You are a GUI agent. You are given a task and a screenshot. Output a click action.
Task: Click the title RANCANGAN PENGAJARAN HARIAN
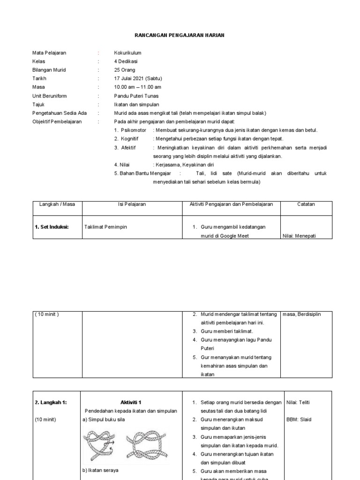pyautogui.click(x=180, y=36)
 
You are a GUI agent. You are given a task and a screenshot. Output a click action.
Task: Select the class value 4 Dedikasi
pyautogui.click(x=126, y=61)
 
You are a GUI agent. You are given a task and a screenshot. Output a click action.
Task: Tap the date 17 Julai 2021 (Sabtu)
pyautogui.click(x=138, y=78)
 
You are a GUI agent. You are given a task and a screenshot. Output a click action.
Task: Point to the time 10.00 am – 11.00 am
pyautogui.click(x=138, y=87)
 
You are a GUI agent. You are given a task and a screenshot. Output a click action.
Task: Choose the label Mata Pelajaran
pyautogui.click(x=49, y=53)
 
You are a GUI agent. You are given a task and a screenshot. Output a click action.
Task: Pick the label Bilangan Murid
pyautogui.click(x=49, y=70)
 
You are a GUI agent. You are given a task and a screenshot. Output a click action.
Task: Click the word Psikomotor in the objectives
pyautogui.click(x=134, y=130)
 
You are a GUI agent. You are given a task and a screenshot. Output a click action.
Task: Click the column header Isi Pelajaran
pyautogui.click(x=132, y=204)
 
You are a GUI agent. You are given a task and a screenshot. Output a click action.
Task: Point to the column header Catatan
pyautogui.click(x=306, y=204)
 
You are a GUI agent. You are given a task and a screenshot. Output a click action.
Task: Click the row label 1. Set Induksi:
pyautogui.click(x=52, y=227)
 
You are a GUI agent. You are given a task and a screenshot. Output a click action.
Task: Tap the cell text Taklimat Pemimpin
pyautogui.click(x=105, y=227)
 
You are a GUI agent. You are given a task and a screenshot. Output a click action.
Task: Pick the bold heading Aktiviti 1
pyautogui.click(x=131, y=402)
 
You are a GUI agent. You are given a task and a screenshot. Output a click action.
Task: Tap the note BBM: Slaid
pyautogui.click(x=299, y=420)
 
